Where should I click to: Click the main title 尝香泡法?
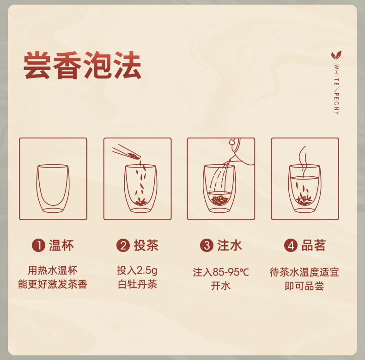[82, 65]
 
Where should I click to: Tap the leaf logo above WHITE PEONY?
[336, 55]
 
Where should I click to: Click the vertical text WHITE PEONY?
[337, 90]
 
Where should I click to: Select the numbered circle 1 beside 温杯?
[38, 246]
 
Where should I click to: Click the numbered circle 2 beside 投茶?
[123, 246]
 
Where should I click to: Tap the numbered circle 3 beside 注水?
[207, 246]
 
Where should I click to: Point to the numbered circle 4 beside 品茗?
[291, 246]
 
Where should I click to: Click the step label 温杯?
[61, 246]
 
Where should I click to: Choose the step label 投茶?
[146, 246]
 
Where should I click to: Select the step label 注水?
[230, 246]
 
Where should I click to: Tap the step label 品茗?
[314, 246]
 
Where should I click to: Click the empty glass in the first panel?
[53, 189]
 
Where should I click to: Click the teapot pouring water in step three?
[242, 151]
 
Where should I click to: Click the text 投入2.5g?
[137, 270]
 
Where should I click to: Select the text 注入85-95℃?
[221, 272]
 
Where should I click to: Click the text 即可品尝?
[304, 286]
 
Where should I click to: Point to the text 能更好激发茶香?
[53, 284]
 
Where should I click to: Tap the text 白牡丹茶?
[137, 284]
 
